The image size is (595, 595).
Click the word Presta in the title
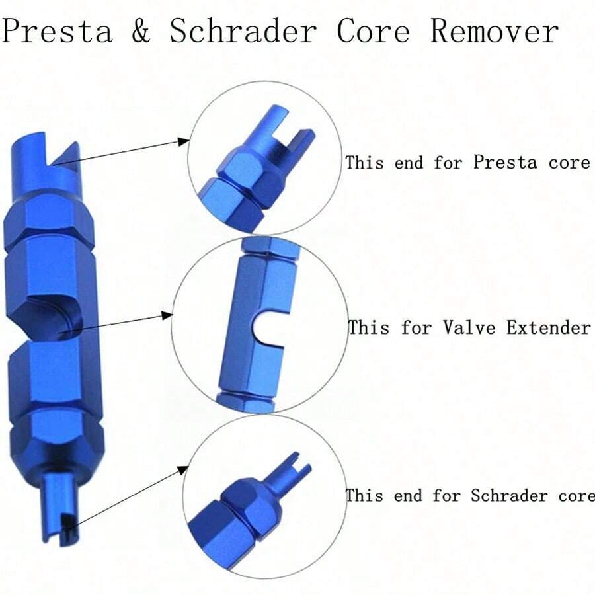(x=58, y=31)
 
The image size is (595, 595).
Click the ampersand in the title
(x=141, y=31)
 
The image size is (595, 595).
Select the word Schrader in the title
(x=243, y=30)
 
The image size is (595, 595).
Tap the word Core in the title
(x=373, y=30)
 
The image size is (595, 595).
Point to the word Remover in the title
(x=494, y=30)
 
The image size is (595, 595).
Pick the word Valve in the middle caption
(x=469, y=327)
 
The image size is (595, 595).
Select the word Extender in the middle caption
(x=548, y=327)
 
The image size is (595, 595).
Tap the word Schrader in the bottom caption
(x=509, y=496)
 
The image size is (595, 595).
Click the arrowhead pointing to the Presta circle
(x=184, y=142)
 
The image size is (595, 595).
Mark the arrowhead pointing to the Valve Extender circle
(x=167, y=315)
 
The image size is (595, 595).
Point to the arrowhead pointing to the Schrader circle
(x=183, y=470)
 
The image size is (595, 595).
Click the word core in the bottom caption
(x=576, y=496)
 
